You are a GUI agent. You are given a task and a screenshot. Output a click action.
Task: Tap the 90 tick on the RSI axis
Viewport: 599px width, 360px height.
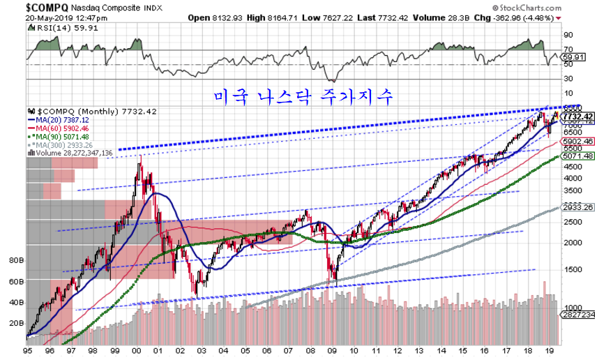[568, 34]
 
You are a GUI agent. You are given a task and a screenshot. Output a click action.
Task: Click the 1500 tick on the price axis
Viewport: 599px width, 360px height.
[571, 269]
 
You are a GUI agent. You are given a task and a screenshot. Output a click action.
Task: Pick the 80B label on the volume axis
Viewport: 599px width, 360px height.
[15, 260]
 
